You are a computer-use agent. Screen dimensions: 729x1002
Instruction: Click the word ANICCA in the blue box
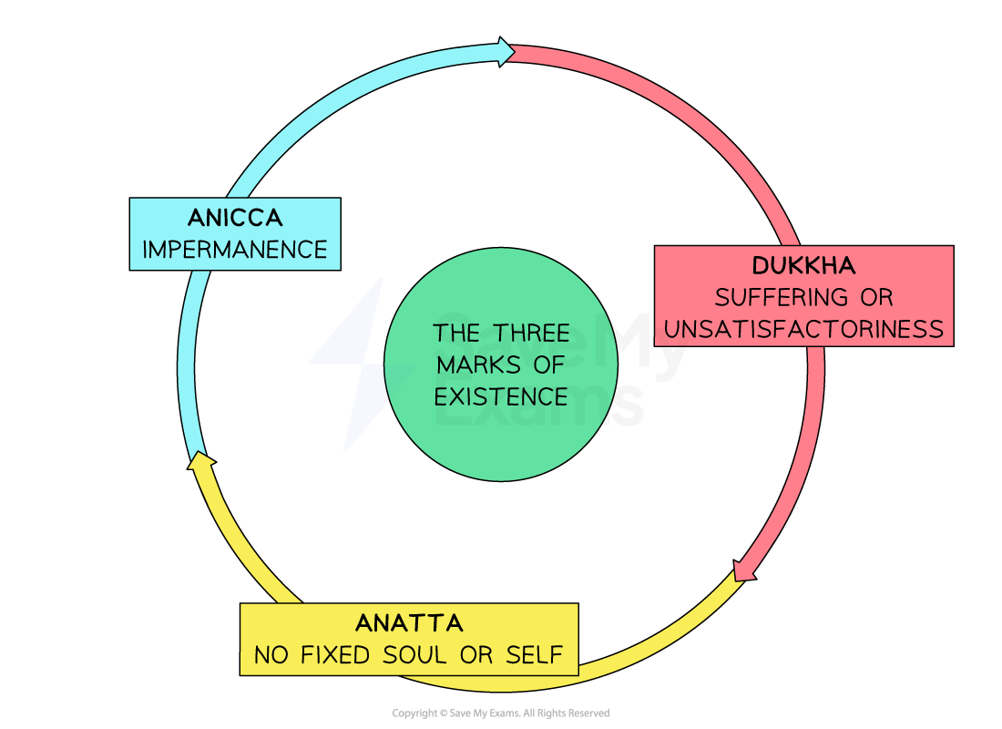[235, 219]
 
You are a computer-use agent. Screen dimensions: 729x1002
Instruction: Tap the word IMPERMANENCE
[235, 250]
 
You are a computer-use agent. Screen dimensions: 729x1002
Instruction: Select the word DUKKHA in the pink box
[803, 266]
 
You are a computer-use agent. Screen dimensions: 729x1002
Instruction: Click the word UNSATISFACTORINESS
[803, 329]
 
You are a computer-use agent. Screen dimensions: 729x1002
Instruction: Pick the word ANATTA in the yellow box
[409, 623]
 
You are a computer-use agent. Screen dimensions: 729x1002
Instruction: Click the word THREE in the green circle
[533, 334]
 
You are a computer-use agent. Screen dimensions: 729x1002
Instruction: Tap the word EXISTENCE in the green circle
[500, 397]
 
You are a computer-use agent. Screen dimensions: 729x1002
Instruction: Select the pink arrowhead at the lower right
[745, 570]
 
